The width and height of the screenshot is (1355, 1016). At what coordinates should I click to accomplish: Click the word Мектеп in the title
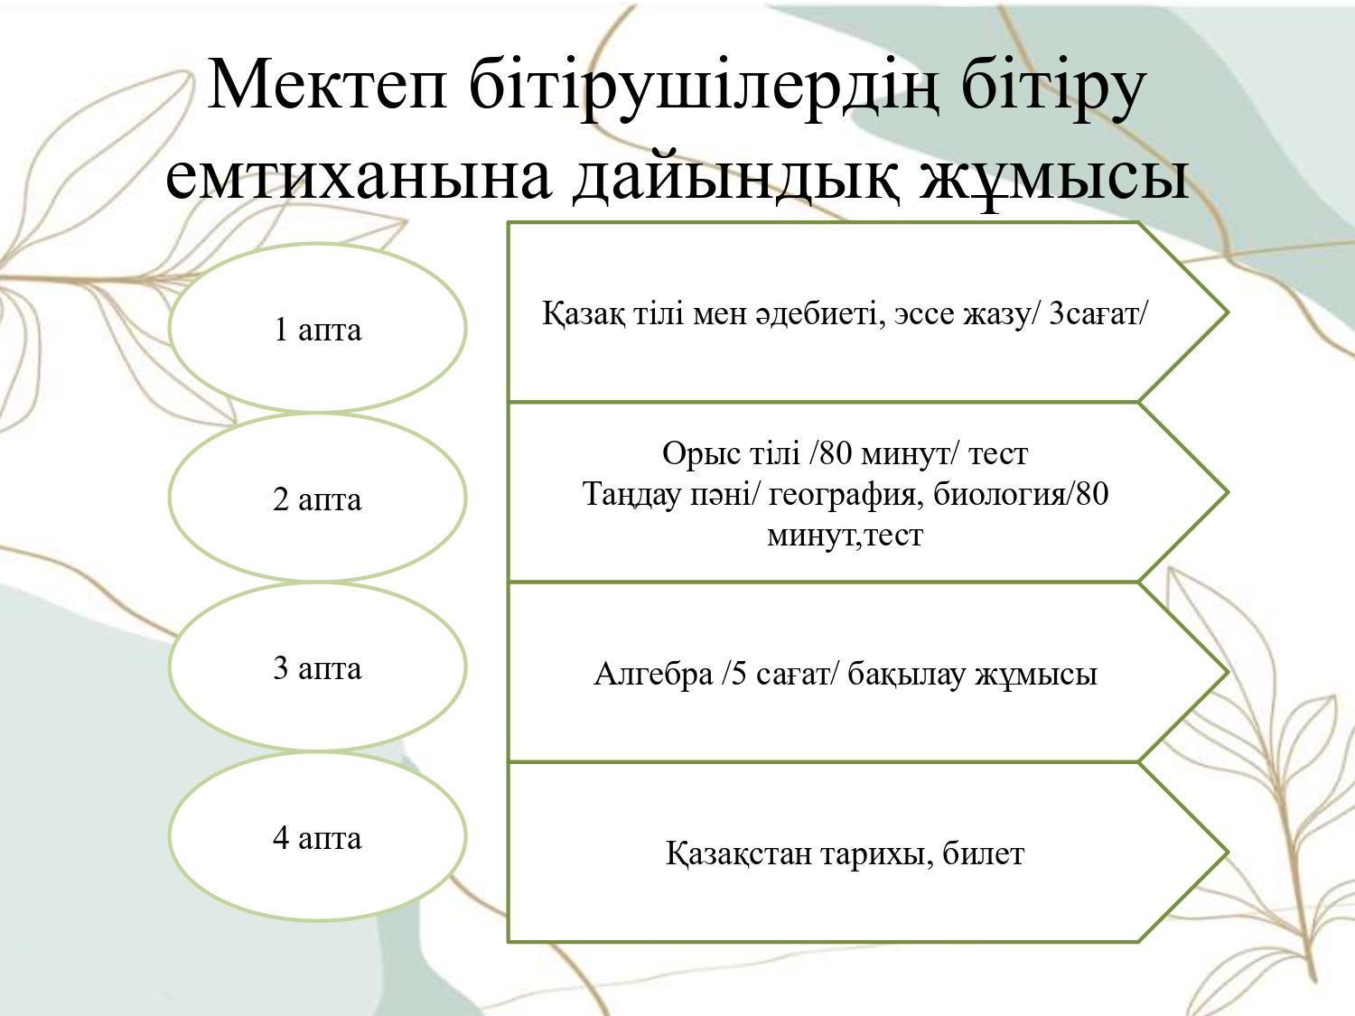[x=327, y=83]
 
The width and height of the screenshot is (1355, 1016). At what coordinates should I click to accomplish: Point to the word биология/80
[x=1021, y=493]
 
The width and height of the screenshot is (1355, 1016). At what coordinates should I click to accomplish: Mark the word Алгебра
[x=653, y=675]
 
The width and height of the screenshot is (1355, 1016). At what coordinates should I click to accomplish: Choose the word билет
[x=984, y=854]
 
